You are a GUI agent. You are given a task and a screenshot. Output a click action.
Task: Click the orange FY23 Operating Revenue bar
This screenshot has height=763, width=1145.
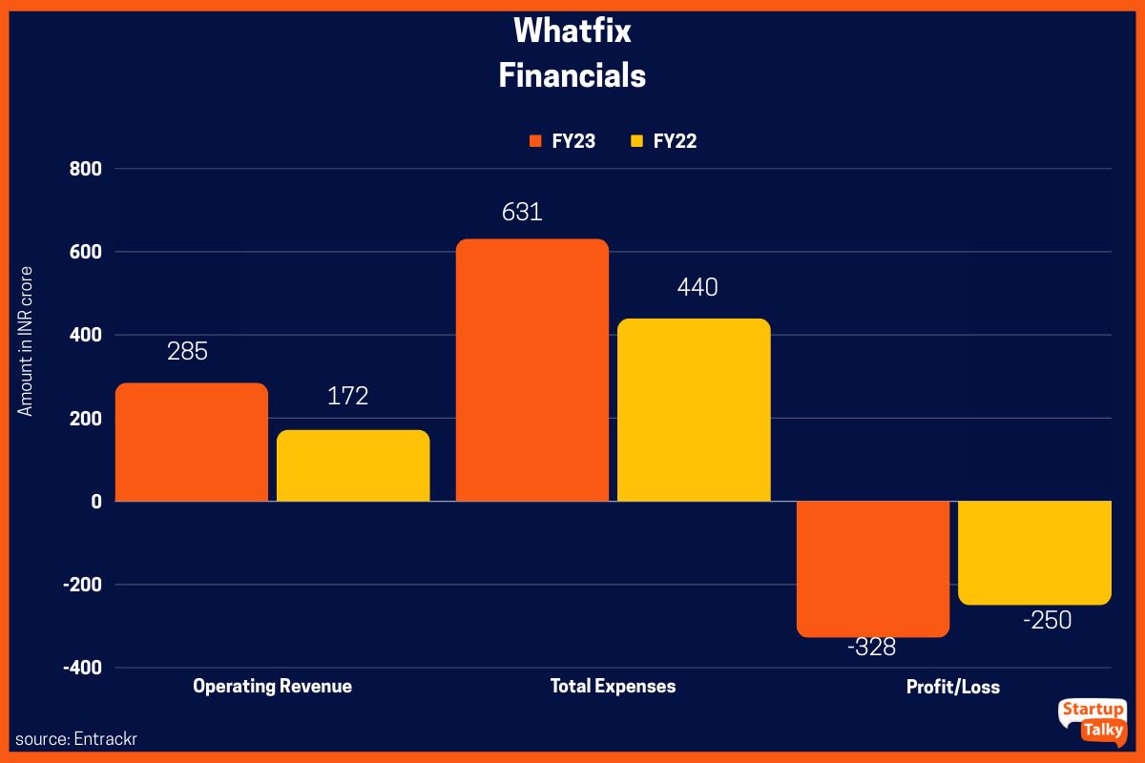pos(191,442)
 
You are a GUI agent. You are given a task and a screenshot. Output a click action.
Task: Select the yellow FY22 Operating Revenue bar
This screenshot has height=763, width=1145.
pos(353,465)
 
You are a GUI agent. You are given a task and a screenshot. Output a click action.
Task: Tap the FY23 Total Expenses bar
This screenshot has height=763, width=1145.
pos(531,370)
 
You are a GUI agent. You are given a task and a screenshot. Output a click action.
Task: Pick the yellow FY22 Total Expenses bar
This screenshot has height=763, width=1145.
pos(694,410)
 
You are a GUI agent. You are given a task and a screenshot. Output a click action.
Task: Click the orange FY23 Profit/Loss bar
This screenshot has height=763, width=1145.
pos(873,568)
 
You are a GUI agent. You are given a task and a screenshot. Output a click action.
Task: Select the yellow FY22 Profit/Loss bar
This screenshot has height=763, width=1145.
pos(1034,552)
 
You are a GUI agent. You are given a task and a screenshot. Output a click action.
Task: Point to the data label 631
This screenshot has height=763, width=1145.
pos(522,212)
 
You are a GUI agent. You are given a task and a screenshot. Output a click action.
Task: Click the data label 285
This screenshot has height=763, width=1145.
pos(187,352)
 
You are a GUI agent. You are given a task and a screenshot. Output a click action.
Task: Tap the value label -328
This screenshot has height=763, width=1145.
pos(871,648)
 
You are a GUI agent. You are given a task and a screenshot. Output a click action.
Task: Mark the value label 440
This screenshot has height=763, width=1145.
pos(697,287)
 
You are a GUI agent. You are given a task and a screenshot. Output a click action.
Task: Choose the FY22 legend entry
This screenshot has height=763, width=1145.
pos(664,141)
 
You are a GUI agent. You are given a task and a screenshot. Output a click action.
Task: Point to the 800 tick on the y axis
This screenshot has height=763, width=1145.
pos(86,169)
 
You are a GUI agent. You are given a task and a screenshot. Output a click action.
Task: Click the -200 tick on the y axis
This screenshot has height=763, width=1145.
pos(82,585)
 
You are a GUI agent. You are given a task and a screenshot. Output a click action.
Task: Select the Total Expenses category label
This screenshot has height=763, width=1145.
pos(613,686)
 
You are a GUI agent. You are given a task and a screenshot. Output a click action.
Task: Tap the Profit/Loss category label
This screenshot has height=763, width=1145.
pos(953,687)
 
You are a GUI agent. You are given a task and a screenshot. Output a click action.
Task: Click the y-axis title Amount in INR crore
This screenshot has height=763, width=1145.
pos(26,341)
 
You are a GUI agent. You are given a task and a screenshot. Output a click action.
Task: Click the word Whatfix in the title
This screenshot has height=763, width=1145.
pos(572,31)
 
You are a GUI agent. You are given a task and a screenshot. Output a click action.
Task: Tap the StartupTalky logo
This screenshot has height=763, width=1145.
pos(1093,722)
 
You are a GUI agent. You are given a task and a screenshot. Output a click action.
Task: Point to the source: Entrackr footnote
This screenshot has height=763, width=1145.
pos(70,739)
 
